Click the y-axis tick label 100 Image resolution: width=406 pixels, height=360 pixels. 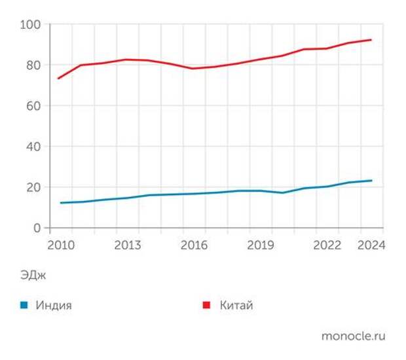point(31,25)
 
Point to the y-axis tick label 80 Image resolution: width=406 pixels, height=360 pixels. point(33,65)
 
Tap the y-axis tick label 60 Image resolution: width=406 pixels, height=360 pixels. point(33,106)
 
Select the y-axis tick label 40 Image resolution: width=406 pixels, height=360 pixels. point(33,147)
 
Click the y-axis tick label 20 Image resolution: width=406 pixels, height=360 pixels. point(33,187)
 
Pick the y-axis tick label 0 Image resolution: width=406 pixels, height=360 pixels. point(37,228)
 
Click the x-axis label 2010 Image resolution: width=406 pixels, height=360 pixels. point(60,245)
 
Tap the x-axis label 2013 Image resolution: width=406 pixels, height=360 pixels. point(128,245)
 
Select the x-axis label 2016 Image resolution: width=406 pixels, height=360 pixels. point(194,245)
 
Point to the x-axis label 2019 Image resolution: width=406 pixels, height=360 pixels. point(261,245)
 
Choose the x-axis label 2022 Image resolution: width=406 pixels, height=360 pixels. point(327,245)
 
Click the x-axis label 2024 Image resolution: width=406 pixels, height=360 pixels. point(371,245)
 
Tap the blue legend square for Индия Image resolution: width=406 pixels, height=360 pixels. point(24,305)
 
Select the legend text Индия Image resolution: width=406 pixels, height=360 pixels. point(54,305)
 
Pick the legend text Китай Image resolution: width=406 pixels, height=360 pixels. point(236,305)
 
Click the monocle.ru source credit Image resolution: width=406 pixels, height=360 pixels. point(353,336)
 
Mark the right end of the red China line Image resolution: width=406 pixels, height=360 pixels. point(371,40)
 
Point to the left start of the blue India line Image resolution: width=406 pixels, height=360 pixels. point(60,203)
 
